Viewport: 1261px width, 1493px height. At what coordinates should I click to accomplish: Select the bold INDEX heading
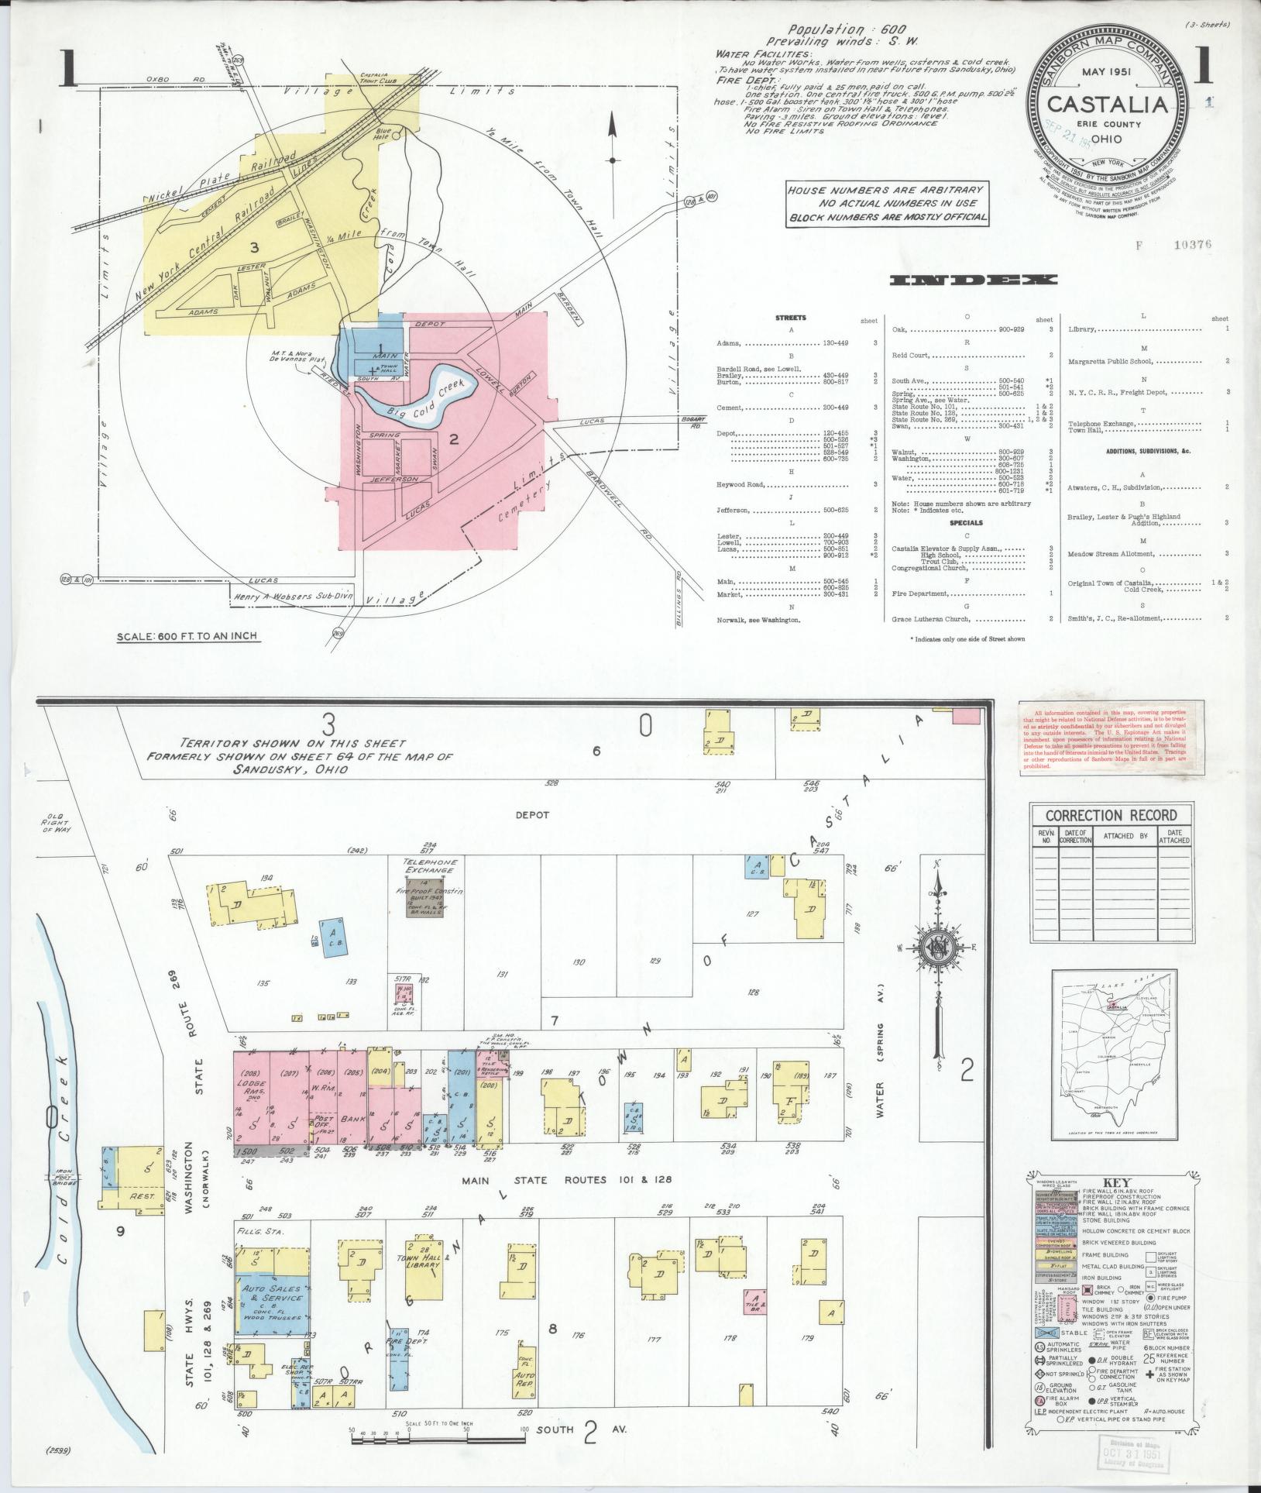click(x=973, y=280)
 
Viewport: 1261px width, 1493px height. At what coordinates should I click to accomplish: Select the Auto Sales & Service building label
click(x=273, y=1293)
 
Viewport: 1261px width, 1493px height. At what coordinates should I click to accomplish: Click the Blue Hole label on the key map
click(x=385, y=132)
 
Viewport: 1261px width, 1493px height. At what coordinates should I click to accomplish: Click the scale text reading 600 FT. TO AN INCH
click(x=187, y=636)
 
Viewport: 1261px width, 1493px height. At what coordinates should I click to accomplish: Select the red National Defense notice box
click(x=1111, y=737)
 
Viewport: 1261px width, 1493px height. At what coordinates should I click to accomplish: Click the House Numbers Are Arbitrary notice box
click(x=886, y=204)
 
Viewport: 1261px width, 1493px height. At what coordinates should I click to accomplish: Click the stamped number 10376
click(x=1191, y=246)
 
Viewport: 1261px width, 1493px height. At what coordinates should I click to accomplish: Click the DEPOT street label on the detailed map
click(x=531, y=814)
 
